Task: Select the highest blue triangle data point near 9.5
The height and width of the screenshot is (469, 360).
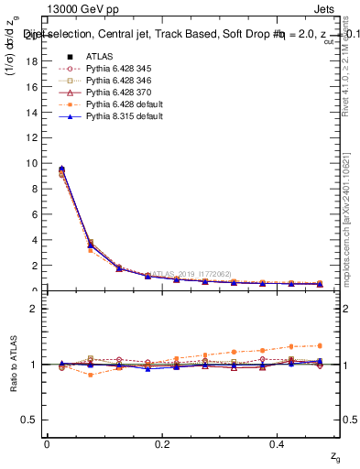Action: coord(61,169)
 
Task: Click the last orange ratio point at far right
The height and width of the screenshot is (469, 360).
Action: coord(320,345)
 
